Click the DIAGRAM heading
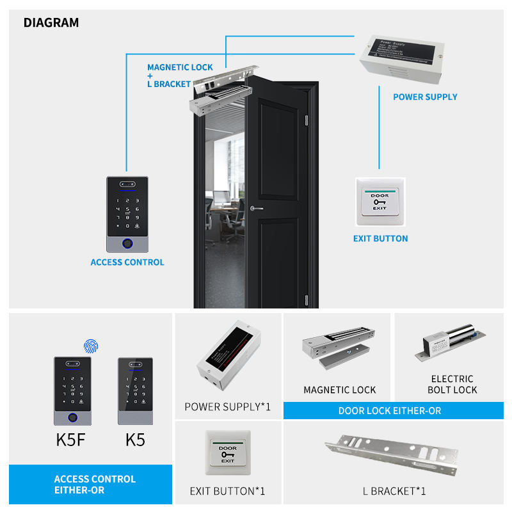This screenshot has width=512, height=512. (51, 23)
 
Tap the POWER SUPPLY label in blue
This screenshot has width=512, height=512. (425, 97)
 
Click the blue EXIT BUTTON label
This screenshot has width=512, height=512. (380, 239)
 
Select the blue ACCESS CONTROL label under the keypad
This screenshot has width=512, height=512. (127, 262)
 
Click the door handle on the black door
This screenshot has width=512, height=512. (255, 207)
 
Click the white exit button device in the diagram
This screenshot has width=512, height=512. (380, 202)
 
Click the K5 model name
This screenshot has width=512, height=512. (135, 440)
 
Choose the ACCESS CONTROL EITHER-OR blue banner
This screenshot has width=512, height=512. (95, 484)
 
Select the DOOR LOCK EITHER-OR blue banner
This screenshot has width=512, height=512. (390, 411)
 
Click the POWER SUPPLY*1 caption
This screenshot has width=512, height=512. (228, 406)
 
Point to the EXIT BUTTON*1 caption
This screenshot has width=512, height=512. (227, 492)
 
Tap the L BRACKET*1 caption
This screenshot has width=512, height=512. (394, 492)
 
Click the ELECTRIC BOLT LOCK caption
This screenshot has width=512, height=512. (452, 384)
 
